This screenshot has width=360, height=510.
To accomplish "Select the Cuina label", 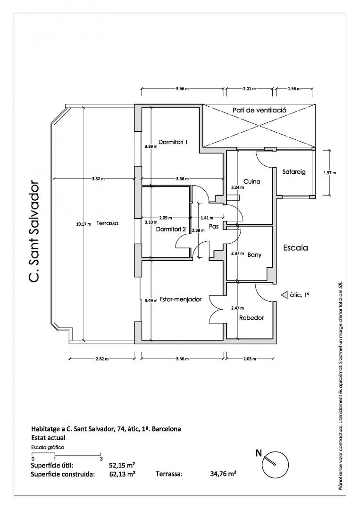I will pos(252,181).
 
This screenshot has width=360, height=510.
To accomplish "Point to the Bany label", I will pos(254,255).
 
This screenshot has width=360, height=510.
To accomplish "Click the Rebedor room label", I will pos(251,318).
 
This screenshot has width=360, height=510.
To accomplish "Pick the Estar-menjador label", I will pos(181,299).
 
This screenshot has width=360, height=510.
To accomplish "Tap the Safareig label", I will pos(293,172).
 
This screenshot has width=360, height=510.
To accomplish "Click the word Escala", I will pos(295,247).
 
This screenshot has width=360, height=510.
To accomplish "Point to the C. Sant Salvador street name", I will pos(33,231).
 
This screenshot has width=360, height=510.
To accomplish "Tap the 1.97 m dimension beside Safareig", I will pos(329,173).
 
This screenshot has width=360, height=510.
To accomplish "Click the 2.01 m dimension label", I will pos(249,88).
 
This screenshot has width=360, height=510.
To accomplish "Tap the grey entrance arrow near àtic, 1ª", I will pos(284,295).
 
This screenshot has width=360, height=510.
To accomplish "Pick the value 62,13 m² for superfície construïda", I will pos(122,474).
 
